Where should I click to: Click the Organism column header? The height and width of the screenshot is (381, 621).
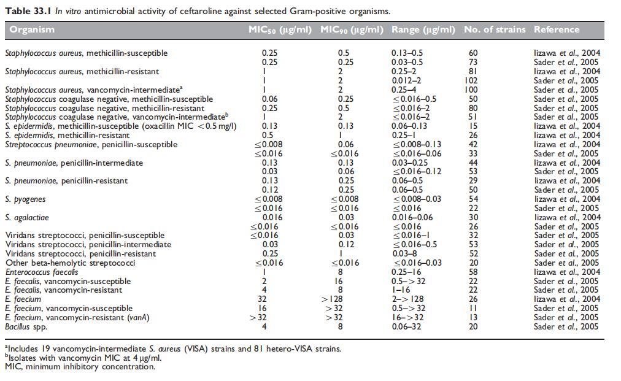click(32, 29)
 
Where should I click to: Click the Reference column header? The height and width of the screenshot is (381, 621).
click(557, 29)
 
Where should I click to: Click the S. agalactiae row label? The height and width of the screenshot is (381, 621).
click(26, 217)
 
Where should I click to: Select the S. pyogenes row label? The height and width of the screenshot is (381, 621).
click(25, 199)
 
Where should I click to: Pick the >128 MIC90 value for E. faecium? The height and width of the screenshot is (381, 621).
click(344, 299)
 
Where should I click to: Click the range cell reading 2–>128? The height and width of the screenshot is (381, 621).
click(407, 299)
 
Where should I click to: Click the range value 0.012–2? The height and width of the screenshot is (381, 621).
click(407, 80)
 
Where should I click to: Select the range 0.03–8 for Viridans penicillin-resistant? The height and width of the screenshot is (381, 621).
click(403, 253)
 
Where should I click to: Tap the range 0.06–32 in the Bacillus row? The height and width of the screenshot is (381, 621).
click(406, 326)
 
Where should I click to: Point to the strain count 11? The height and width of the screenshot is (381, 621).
click(472, 309)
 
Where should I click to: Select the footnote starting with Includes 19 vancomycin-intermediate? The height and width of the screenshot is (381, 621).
click(173, 348)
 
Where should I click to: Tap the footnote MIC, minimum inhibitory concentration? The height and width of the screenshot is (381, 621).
click(80, 367)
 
